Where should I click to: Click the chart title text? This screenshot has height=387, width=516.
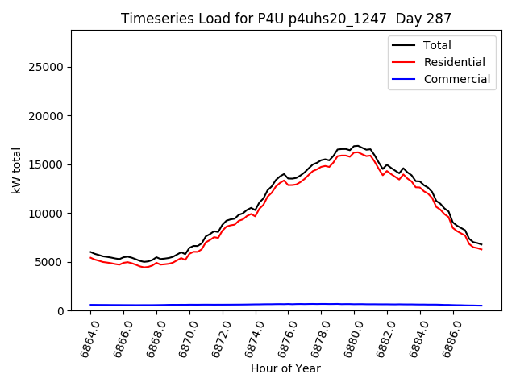[286, 18]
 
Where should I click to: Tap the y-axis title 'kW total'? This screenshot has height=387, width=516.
[17, 170]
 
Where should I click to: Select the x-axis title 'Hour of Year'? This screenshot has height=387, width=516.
[285, 368]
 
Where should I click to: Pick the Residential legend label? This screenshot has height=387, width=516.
[454, 62]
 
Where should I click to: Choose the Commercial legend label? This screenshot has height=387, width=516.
[456, 79]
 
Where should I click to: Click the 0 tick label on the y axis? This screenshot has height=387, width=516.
[62, 311]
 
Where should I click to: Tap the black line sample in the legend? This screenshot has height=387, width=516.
[406, 45]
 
